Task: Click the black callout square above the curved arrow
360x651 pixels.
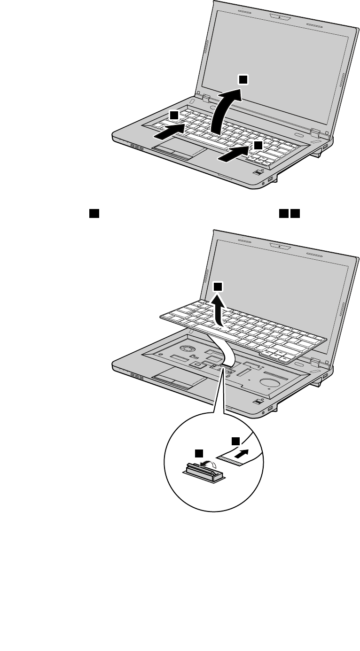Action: [x=243, y=80]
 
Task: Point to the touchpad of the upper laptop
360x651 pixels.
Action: [x=179, y=152]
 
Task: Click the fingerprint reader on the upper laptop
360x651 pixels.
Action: [x=258, y=173]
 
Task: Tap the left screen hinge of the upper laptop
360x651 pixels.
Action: [x=205, y=98]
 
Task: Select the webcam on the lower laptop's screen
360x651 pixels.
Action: [x=279, y=245]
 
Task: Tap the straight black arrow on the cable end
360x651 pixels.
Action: [x=241, y=454]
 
